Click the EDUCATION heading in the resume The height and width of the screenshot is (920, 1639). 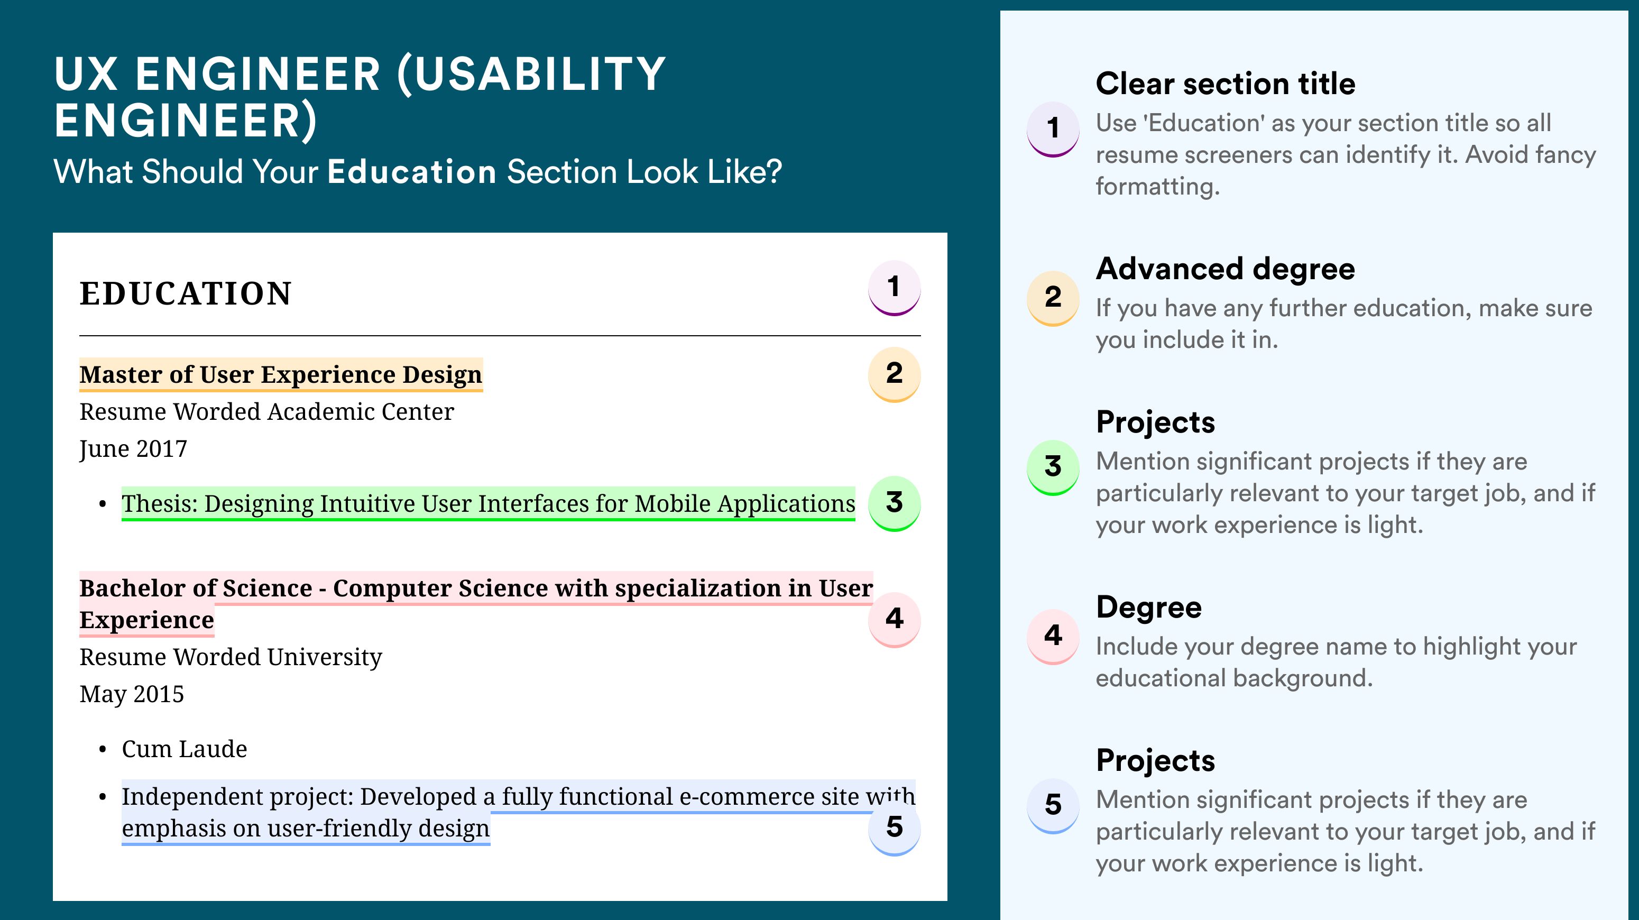[185, 294]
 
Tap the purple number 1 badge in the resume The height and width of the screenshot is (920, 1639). [894, 288]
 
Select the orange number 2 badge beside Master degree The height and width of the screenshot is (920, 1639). [894, 374]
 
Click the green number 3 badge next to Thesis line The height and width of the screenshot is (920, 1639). [894, 503]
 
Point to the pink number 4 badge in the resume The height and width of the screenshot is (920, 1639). [894, 620]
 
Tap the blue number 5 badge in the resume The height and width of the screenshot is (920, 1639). [894, 828]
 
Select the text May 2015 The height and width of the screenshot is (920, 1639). [132, 694]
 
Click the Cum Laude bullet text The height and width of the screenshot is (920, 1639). [185, 749]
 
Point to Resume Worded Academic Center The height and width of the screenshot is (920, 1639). [266, 412]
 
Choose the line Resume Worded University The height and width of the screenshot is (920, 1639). [231, 657]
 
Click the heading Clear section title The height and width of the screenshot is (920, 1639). [1226, 84]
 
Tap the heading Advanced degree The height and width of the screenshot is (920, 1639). [1226, 269]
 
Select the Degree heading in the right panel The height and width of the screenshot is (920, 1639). [1149, 608]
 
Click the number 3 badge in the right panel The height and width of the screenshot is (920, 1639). [1053, 467]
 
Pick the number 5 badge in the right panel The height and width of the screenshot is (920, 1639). [1053, 805]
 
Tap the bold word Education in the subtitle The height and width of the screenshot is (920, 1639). [412, 172]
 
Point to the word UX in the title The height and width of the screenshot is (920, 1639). [86, 74]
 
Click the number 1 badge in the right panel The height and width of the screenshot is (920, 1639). [1053, 128]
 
